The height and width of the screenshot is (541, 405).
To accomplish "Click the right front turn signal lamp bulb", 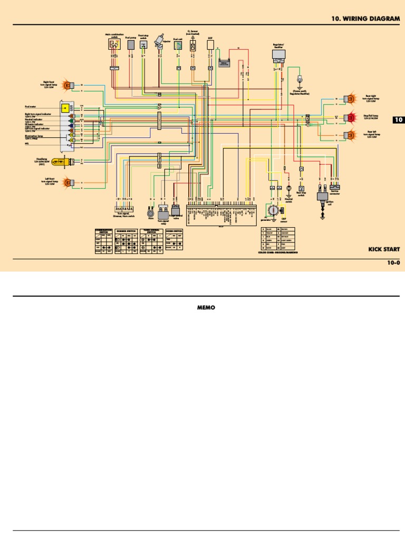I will coord(67,84).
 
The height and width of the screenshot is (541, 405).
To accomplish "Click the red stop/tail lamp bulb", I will coord(349,117).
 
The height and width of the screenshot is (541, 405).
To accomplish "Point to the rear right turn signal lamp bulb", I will coord(349,99).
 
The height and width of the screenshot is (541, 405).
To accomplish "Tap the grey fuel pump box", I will coord(131,45).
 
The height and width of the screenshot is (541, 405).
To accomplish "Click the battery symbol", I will coord(226,63).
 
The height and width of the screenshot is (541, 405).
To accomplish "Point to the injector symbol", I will coord(157,46).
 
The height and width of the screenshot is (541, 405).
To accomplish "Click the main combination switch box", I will coord(113,45).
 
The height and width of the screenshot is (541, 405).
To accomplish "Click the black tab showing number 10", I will coord(399,120).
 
